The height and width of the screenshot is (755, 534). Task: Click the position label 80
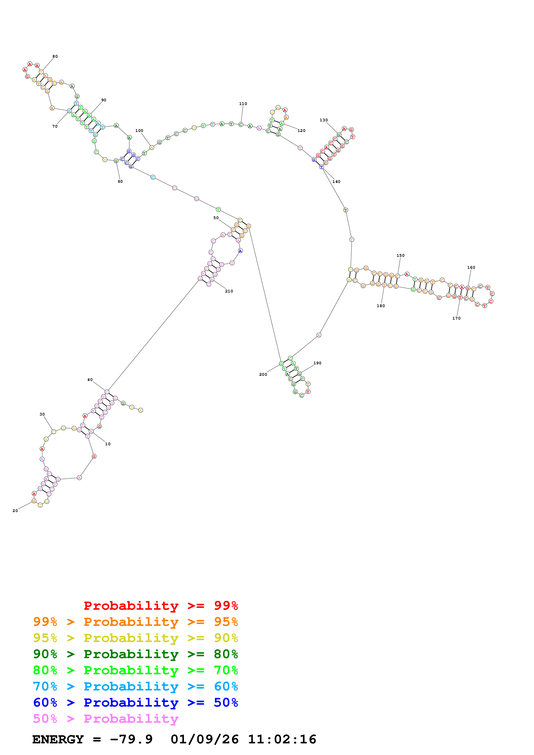click(x=55, y=56)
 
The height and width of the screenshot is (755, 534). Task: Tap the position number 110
click(x=243, y=104)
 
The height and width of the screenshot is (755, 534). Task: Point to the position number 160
click(x=471, y=267)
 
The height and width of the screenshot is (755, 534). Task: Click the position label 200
click(x=263, y=374)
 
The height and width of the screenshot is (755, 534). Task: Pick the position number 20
click(x=15, y=511)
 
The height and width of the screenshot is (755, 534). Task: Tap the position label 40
click(x=90, y=379)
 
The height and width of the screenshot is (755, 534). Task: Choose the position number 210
click(x=229, y=291)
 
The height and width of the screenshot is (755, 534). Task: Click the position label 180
click(x=381, y=305)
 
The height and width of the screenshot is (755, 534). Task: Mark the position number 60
click(x=120, y=181)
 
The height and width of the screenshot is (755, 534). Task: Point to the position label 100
click(x=139, y=131)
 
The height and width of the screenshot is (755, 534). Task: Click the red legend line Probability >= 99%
click(x=160, y=605)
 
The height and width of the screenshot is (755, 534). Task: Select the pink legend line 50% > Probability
click(x=105, y=718)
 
